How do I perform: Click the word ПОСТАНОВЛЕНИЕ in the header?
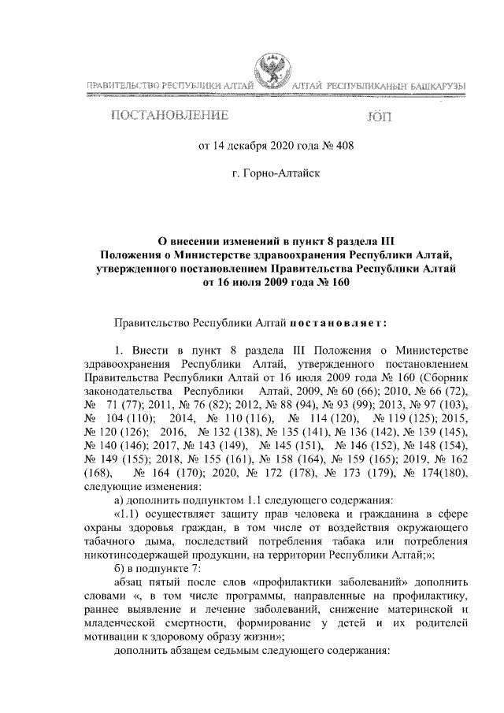pos(170,117)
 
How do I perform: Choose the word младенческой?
pos(118,622)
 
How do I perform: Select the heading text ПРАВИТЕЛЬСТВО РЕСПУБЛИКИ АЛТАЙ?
pos(169,85)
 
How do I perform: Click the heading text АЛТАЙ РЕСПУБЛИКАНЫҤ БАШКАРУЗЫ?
pos(378,85)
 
